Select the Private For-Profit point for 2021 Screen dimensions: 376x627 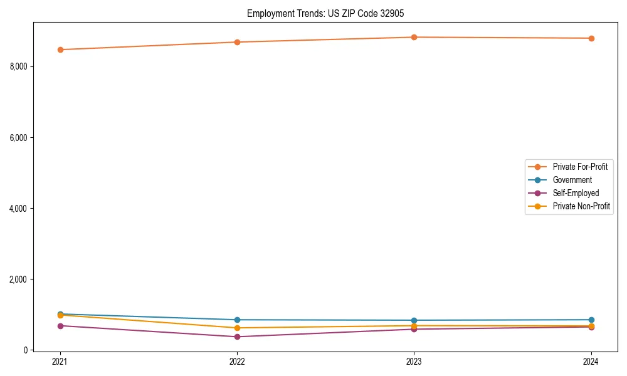[60, 50]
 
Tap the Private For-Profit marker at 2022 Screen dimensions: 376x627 [237, 42]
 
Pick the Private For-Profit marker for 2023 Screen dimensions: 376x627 [414, 37]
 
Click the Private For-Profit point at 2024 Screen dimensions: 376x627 [591, 38]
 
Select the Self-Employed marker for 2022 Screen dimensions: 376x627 [237, 337]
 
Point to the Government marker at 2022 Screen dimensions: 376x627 [237, 320]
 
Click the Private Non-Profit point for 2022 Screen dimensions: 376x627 [237, 328]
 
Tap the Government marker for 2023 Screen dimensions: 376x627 [414, 320]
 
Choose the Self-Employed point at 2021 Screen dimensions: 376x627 [60, 326]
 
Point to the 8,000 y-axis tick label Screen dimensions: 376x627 [19, 66]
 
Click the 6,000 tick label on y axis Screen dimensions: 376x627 [19, 137]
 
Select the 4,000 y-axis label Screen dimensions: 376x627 [19, 208]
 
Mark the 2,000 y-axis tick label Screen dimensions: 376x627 [19, 279]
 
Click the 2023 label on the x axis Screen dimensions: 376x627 [414, 361]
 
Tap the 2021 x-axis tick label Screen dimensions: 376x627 [60, 361]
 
